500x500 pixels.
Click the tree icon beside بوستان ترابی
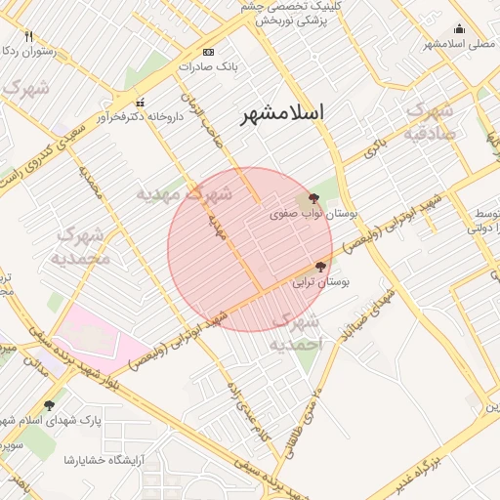click(x=320, y=266)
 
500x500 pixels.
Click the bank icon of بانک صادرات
click(x=207, y=52)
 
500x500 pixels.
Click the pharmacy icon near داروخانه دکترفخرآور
click(x=140, y=102)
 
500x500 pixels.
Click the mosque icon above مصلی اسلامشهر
click(x=459, y=28)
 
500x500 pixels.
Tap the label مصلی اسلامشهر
click(x=456, y=43)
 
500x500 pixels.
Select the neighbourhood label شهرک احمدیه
click(x=295, y=333)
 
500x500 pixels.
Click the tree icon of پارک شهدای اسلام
click(x=49, y=404)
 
